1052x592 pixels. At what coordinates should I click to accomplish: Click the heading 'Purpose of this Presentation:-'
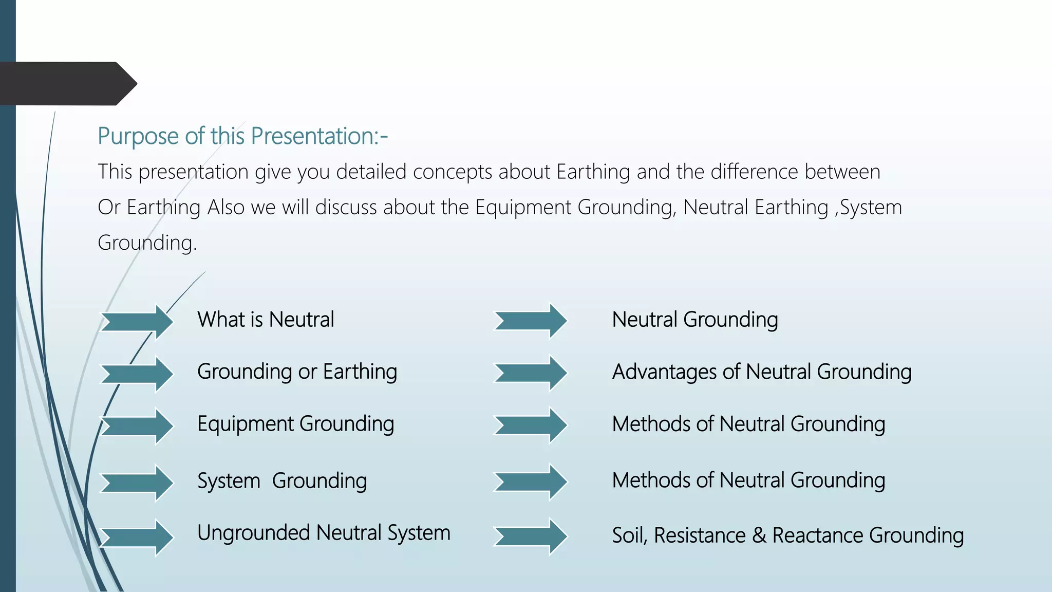[242, 137]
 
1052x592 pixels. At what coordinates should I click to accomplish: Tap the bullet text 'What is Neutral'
[266, 320]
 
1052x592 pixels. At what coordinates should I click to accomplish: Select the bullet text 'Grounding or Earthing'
[297, 372]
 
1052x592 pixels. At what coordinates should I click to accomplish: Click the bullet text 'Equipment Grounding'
[295, 424]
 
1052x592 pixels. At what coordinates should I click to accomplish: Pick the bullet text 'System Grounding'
[282, 481]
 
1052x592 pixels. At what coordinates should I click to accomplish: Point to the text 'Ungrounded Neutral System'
[324, 533]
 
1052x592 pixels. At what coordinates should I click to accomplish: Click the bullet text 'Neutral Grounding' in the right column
[694, 320]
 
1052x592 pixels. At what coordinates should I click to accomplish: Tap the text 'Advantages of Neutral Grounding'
[761, 372]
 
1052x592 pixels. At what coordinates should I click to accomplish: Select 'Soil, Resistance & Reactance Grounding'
[787, 535]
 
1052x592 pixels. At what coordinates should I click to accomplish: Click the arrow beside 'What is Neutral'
[137, 322]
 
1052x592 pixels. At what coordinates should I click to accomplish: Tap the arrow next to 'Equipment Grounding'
[137, 425]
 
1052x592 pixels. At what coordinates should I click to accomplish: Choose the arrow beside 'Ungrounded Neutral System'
[137, 538]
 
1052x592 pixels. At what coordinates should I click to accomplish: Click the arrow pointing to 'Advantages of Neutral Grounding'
[530, 373]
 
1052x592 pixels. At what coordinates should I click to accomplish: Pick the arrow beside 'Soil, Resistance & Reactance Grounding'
[530, 536]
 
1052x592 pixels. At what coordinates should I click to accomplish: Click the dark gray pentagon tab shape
[67, 84]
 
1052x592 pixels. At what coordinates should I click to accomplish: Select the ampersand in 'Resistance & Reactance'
[759, 535]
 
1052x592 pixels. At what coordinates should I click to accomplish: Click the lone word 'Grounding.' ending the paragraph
[147, 243]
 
